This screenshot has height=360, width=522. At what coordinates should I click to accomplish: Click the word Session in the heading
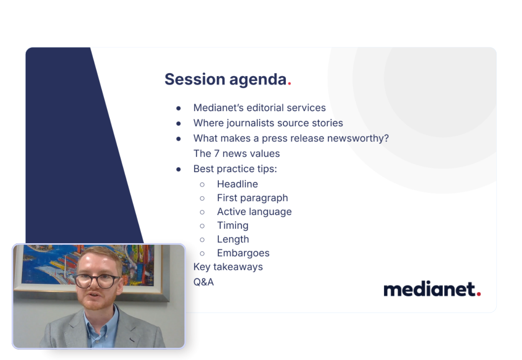pyautogui.click(x=191, y=79)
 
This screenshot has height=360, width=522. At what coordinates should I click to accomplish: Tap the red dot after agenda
pyautogui.click(x=289, y=84)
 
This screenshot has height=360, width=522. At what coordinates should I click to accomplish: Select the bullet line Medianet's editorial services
pyautogui.click(x=259, y=108)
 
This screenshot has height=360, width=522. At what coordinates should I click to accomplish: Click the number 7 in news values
pyautogui.click(x=217, y=153)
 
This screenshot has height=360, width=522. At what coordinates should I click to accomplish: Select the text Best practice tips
pyautogui.click(x=235, y=169)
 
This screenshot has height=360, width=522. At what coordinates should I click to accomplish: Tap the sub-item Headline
pyautogui.click(x=237, y=184)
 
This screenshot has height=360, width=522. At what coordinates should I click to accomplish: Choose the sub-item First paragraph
pyautogui.click(x=252, y=198)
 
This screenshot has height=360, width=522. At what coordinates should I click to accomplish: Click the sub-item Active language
pyautogui.click(x=254, y=212)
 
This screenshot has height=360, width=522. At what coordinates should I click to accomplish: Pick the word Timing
pyautogui.click(x=232, y=225)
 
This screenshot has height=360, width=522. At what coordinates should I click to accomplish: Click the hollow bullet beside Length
pyautogui.click(x=202, y=239)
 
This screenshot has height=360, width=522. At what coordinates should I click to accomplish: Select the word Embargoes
pyautogui.click(x=243, y=253)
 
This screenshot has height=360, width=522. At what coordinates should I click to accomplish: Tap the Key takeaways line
pyautogui.click(x=228, y=266)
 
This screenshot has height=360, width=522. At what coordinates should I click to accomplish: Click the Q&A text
pyautogui.click(x=203, y=282)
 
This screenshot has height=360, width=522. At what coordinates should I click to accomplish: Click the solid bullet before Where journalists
pyautogui.click(x=179, y=123)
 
